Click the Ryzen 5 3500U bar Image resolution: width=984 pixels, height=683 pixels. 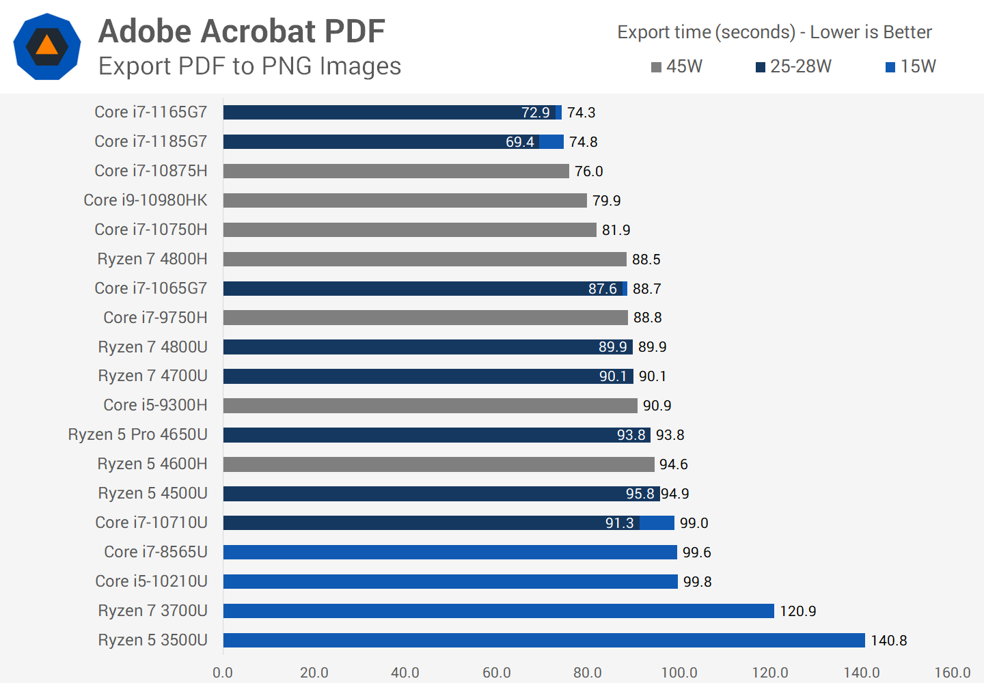point(544,640)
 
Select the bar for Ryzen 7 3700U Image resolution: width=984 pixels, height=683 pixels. point(499,611)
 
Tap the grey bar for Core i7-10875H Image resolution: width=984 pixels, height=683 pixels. point(396,171)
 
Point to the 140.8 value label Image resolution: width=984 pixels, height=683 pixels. point(888,641)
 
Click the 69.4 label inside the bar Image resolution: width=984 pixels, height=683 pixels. point(519,142)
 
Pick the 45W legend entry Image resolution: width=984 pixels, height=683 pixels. point(676,66)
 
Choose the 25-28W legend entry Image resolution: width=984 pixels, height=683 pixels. point(793,66)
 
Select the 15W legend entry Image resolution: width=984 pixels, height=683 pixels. point(910,66)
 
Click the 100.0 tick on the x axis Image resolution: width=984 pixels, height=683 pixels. point(679,673)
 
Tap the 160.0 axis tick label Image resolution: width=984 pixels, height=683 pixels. point(952,673)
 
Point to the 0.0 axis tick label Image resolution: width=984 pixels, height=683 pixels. point(223,673)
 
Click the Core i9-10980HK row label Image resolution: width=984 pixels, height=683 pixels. point(146,200)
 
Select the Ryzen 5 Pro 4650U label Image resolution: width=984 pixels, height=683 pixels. point(138,434)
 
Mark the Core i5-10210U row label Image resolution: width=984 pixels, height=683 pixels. point(151,581)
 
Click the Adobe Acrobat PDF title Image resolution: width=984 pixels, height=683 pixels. point(242,31)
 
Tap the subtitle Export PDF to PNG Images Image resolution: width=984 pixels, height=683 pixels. point(249,66)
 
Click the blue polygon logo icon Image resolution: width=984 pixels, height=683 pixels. point(47,46)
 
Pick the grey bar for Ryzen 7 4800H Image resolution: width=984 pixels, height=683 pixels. point(424,259)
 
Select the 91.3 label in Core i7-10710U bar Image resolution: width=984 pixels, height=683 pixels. point(619,523)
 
